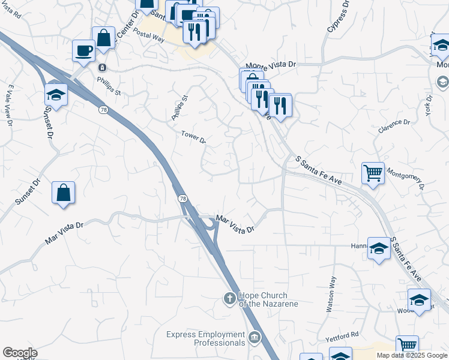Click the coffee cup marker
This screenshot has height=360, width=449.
pos(83,50)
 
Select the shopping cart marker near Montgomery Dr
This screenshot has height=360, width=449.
pos(373,173)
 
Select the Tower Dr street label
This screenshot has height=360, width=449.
pos(194,137)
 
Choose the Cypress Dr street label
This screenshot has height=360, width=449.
pos(338,16)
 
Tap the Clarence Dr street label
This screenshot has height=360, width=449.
pos(394,126)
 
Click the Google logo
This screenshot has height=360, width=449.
pos(20,353)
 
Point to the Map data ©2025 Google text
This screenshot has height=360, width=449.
pos(411,355)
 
